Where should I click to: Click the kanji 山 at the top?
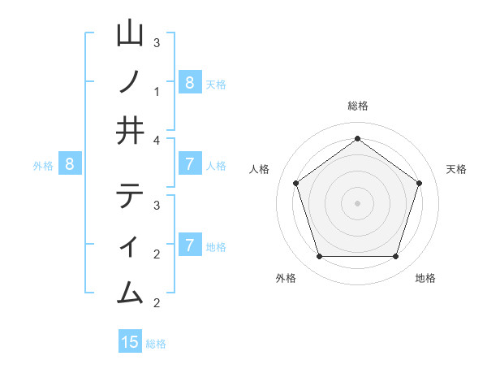tap(130, 34)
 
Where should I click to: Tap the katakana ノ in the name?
tap(130, 82)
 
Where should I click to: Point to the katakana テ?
tap(130, 196)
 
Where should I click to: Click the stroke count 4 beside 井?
tap(157, 140)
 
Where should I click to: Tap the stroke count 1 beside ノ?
tap(157, 91)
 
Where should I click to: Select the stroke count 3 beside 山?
tap(157, 42)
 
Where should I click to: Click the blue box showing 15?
tap(130, 342)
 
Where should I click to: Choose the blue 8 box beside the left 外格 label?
tap(70, 164)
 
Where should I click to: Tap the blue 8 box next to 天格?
tap(189, 82)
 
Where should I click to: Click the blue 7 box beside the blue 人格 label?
tap(189, 164)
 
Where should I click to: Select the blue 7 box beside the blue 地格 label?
tap(189, 245)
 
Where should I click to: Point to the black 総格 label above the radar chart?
tap(357, 106)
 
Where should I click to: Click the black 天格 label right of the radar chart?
tap(456, 169)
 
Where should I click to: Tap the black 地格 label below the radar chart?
tap(425, 278)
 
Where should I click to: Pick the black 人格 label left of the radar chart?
tap(260, 169)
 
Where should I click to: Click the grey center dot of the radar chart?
tap(357, 203)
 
